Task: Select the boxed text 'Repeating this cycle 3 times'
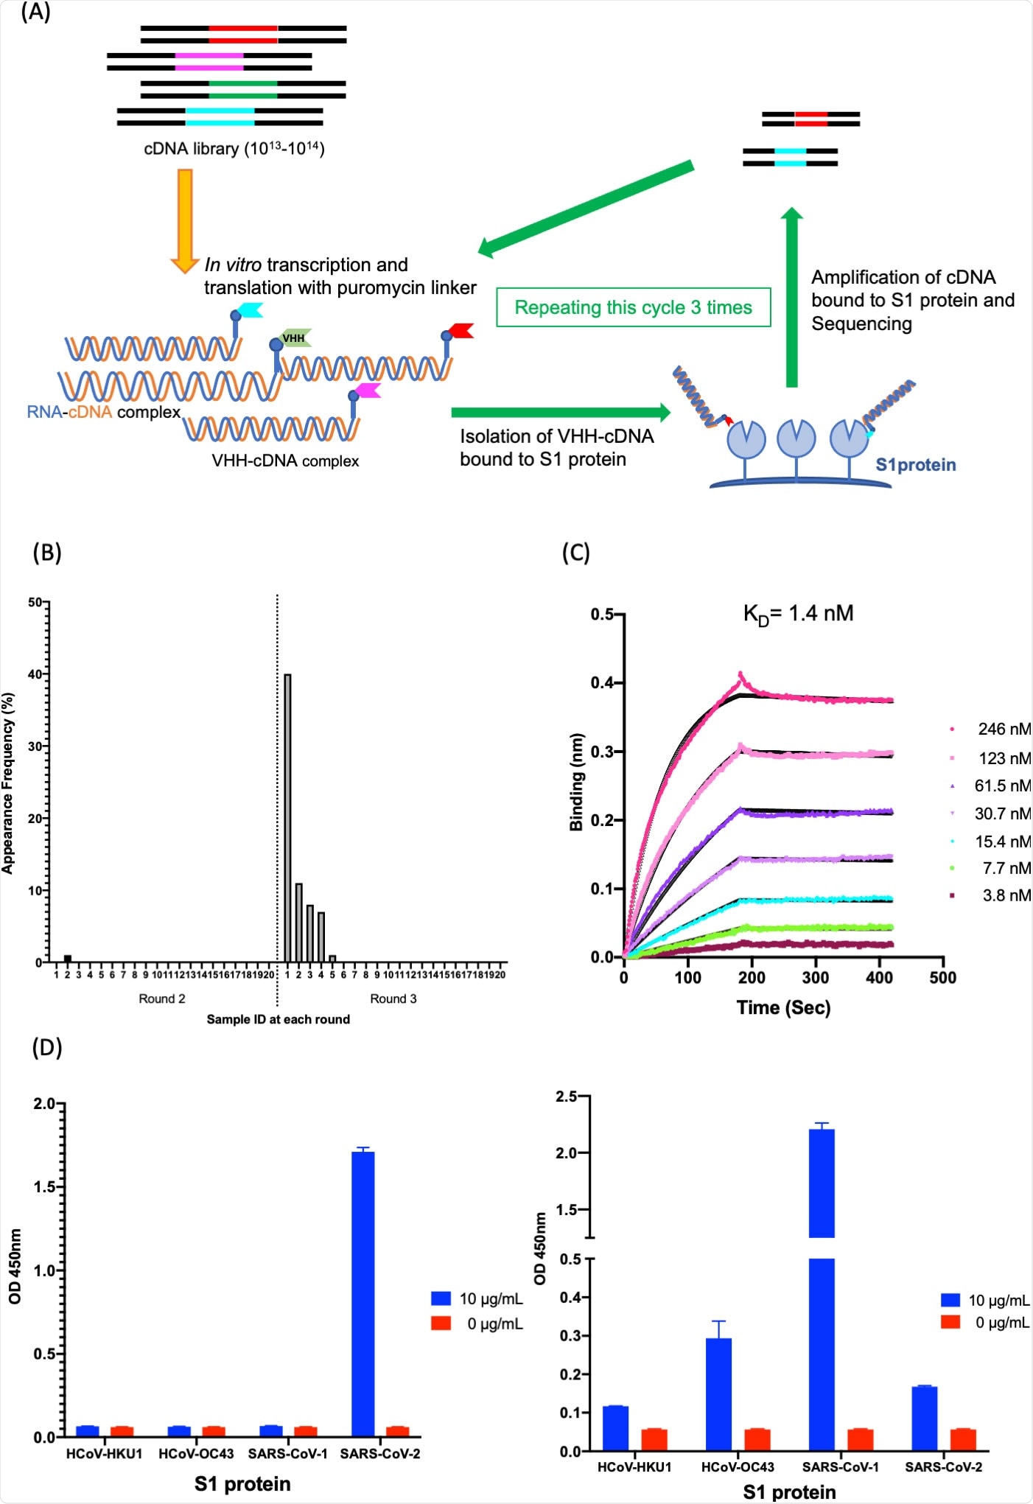click(x=633, y=307)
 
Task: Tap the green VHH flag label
click(x=294, y=338)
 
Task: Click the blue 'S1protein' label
click(x=915, y=465)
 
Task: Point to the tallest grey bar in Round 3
click(x=287, y=818)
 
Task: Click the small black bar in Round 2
click(x=68, y=959)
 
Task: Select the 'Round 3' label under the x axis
click(x=393, y=998)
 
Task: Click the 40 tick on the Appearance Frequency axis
click(x=37, y=674)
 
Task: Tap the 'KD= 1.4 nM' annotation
click(x=798, y=614)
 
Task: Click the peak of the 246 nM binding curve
click(x=740, y=674)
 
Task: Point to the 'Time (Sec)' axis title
click(x=783, y=1007)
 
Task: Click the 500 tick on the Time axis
click(x=943, y=978)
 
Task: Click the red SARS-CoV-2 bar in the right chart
click(x=962, y=1439)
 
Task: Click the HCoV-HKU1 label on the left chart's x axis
click(x=104, y=1454)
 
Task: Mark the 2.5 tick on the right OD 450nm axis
click(x=567, y=1096)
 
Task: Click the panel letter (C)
click(x=575, y=553)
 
